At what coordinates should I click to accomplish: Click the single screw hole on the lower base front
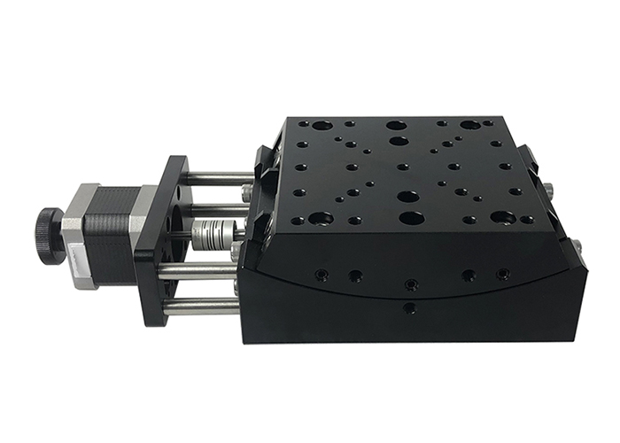click(408, 308)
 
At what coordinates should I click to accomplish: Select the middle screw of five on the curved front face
click(409, 284)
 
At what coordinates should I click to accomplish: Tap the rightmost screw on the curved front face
click(503, 273)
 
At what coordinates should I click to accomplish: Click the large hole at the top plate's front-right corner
click(503, 216)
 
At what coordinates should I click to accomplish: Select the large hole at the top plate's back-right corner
click(469, 126)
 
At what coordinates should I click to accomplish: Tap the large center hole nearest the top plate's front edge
click(409, 217)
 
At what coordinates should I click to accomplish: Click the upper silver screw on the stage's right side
click(549, 188)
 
